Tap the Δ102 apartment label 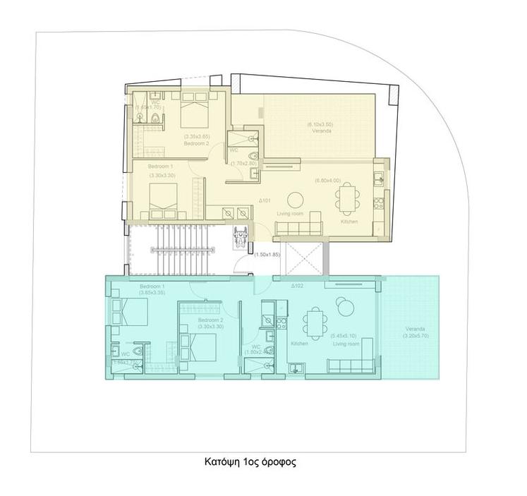click(x=296, y=286)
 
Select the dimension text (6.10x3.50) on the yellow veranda click(x=320, y=125)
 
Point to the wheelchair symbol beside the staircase click(x=238, y=235)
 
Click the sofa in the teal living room click(x=349, y=365)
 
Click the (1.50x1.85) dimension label click(x=267, y=254)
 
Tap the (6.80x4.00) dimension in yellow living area click(x=327, y=181)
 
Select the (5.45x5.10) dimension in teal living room click(x=345, y=336)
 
